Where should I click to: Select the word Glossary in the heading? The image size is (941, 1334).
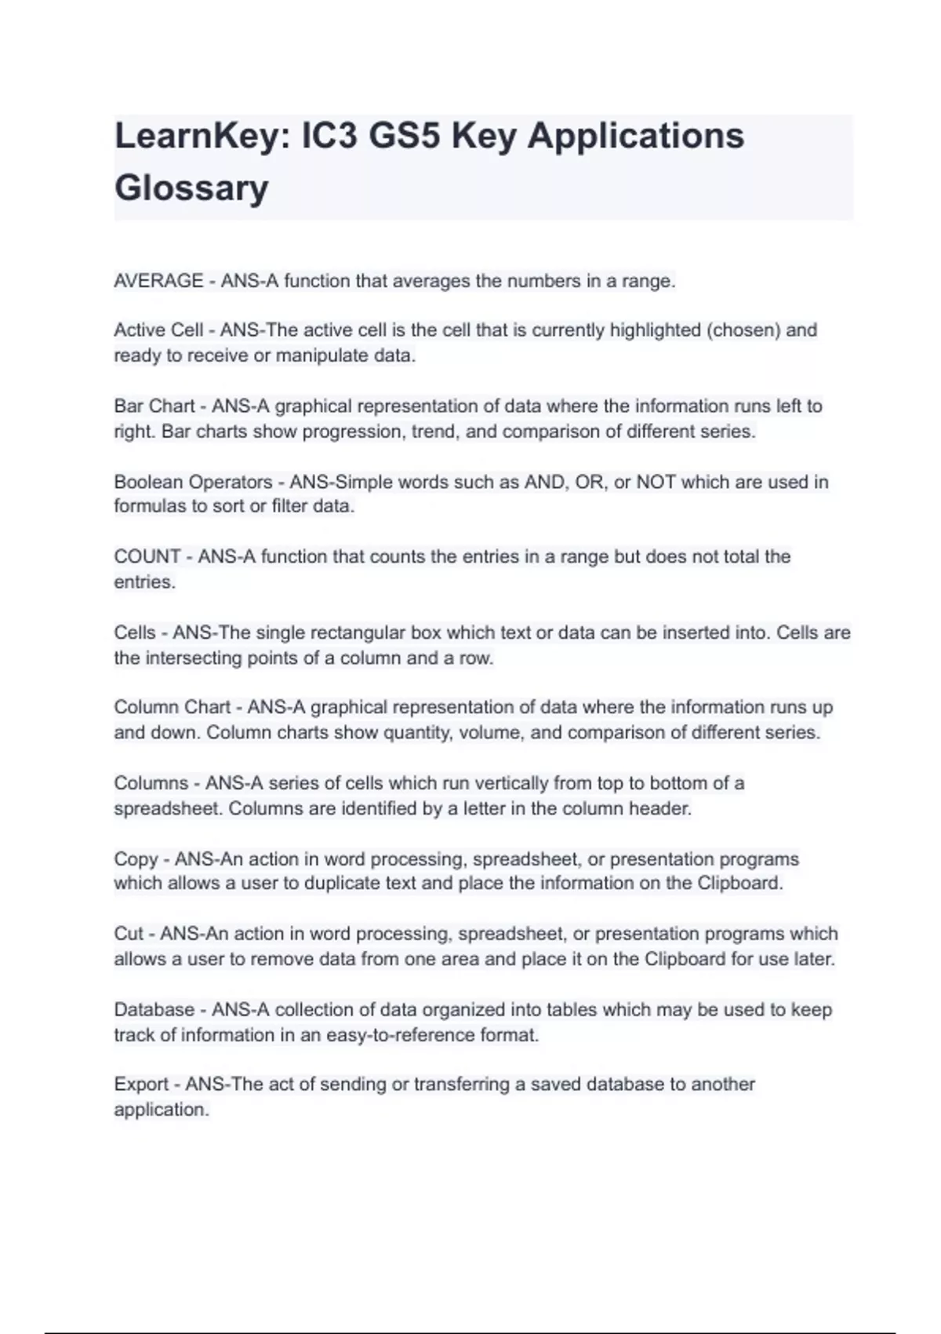pos(191,188)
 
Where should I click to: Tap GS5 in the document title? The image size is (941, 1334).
pos(405,136)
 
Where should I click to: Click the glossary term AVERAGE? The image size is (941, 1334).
pos(158,281)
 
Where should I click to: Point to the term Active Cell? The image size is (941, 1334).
pos(158,330)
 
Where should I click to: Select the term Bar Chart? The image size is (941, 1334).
pos(154,406)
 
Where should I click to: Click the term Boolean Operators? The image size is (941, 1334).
pos(193,482)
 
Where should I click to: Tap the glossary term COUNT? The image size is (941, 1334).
pos(147,557)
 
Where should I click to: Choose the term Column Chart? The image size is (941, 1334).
pos(172,707)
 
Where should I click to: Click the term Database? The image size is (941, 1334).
pos(154,1010)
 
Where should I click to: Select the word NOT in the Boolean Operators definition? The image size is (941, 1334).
pos(656,482)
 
